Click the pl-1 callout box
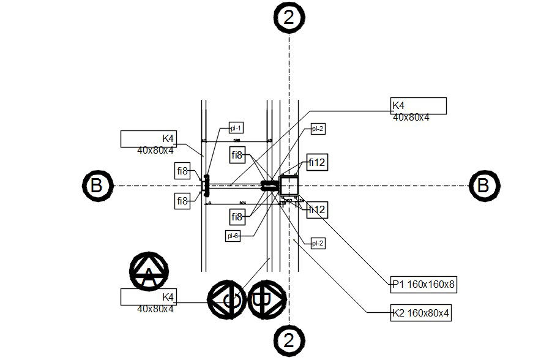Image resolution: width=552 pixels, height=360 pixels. pos(236,128)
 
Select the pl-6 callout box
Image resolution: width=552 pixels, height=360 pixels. pos(233,236)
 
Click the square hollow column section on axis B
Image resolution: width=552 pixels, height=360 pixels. pos(289,185)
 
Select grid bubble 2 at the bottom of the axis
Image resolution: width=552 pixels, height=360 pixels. pos(289,340)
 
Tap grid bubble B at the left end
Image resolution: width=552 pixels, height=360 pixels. pos(97,186)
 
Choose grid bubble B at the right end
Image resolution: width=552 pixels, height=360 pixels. pos(484,185)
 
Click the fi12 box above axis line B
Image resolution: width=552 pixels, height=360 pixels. pos(317,163)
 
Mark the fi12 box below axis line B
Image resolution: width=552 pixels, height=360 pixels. pos(317,210)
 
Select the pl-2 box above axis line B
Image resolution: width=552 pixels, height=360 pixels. pos(317,129)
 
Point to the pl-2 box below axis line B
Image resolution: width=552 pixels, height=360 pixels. pos(317,243)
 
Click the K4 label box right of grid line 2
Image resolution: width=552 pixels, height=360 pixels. pos(419,106)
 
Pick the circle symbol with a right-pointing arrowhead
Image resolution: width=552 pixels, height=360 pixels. pos(267,300)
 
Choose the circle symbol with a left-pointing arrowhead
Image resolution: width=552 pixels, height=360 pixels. pos(227,300)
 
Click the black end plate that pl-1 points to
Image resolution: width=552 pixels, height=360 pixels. pos(206,185)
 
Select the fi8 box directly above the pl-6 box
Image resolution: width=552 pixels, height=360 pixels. pos(237,217)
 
